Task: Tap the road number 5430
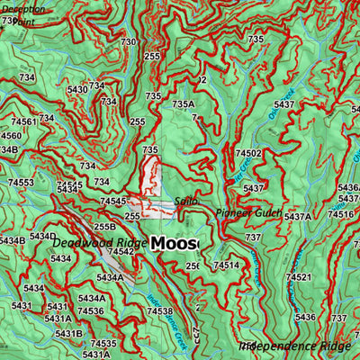coord(77,89)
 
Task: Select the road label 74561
coord(23,121)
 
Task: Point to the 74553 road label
coord(22,183)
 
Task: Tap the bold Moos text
coord(175,244)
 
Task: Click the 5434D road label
coord(42,236)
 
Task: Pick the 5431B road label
coord(68,334)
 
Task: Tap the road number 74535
coord(103,344)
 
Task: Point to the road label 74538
coord(158,311)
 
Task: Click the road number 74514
coord(226,265)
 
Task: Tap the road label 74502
coord(248,154)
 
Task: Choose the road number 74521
coord(298,277)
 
